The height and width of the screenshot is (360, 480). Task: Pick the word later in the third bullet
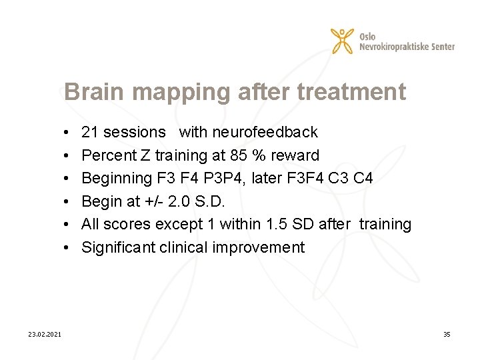pos(271,179)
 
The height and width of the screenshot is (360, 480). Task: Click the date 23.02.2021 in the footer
pos(45,334)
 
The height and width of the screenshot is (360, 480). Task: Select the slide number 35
pos(447,334)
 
